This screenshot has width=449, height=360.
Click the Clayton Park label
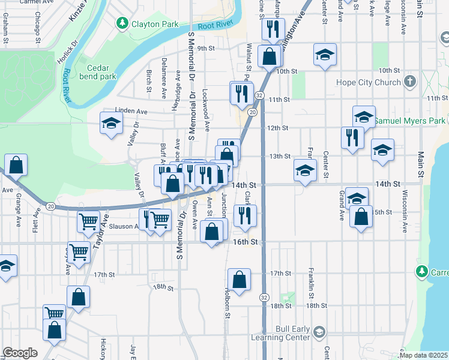pyautogui.click(x=155, y=24)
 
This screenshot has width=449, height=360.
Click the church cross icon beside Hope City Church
pyautogui.click(x=410, y=82)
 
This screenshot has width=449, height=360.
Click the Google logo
pyautogui.click(x=20, y=353)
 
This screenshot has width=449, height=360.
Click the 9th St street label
pyautogui.click(x=206, y=49)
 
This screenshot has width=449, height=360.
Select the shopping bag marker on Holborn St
pyautogui.click(x=239, y=280)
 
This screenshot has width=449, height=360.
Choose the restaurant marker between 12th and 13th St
pyautogui.click(x=352, y=137)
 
